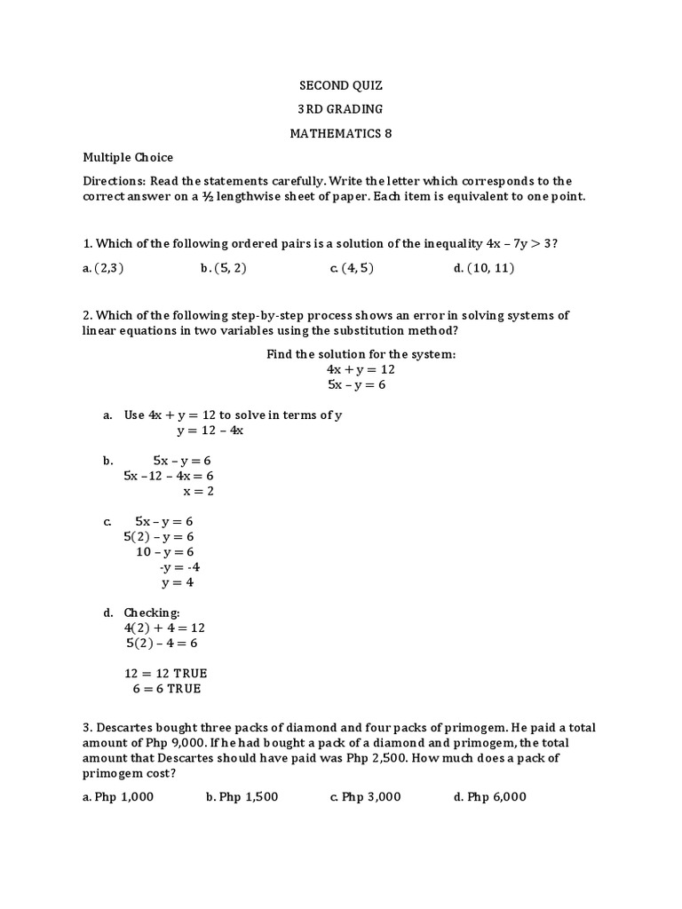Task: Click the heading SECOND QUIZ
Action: coord(340,86)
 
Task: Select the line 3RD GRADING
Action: coord(340,109)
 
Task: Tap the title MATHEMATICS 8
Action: coord(340,133)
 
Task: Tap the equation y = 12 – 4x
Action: coord(210,431)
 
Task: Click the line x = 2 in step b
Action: coord(198,491)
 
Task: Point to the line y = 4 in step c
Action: coord(177,582)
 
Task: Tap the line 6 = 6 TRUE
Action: coord(167,688)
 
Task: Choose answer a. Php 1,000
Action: coord(118,796)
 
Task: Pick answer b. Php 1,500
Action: coord(242,796)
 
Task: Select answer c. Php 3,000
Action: coord(365,796)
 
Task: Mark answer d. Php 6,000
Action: coord(489,796)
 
